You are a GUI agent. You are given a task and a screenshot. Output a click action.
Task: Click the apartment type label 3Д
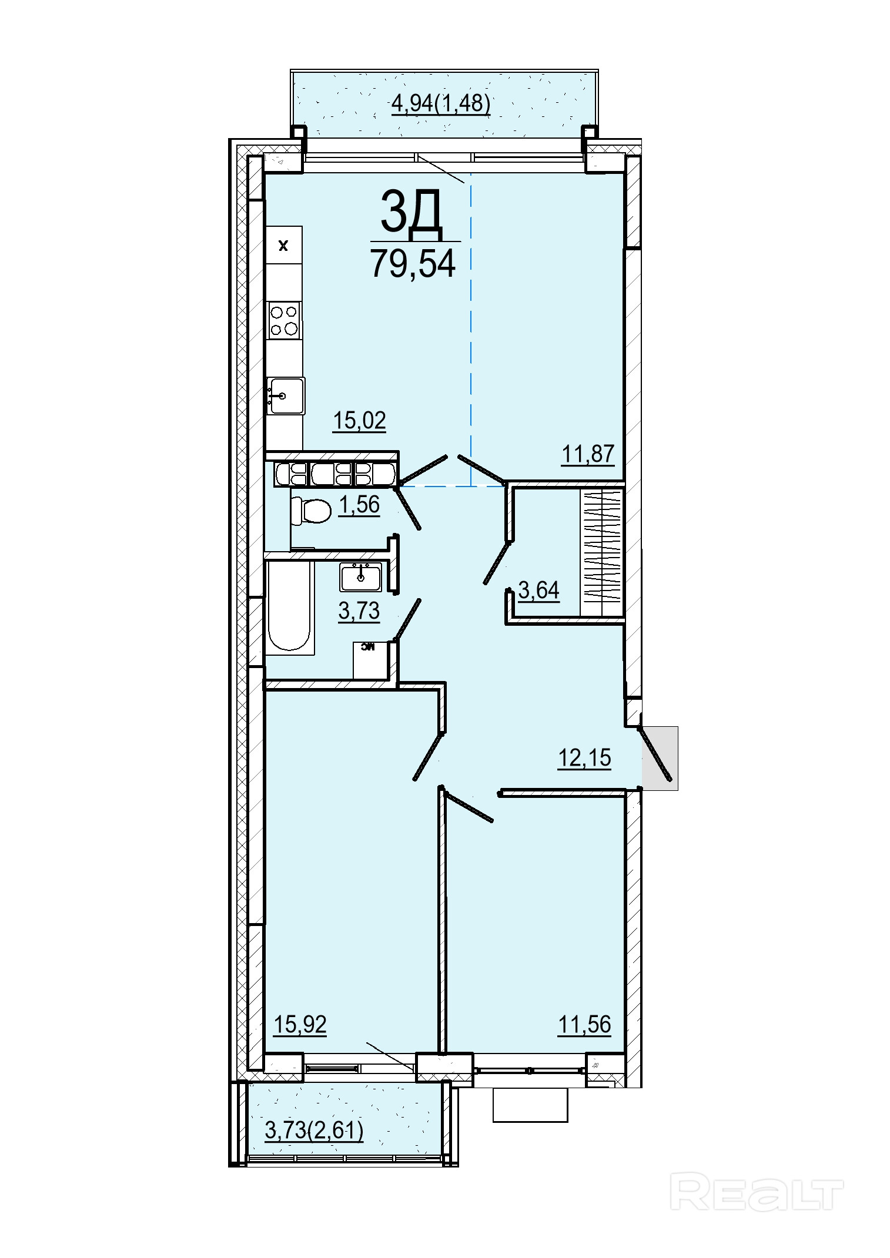411,211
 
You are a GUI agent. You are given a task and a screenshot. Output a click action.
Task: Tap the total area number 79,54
413,263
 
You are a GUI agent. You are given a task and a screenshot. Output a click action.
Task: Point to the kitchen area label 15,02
359,421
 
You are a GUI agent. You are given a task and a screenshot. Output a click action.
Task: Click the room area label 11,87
588,454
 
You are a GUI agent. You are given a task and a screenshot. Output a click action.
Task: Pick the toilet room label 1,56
359,505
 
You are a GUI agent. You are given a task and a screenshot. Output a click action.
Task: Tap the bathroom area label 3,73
359,611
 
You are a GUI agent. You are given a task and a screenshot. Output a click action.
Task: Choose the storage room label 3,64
539,590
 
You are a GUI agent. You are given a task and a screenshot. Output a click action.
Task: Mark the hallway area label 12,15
584,758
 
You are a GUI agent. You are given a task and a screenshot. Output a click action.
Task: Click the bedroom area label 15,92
300,1025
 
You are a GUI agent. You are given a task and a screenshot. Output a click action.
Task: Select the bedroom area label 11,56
584,1025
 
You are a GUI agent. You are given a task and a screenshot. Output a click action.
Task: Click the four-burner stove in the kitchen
284,320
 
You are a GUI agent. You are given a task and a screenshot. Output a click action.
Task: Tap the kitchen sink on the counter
285,395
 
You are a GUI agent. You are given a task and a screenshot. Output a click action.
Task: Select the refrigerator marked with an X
284,245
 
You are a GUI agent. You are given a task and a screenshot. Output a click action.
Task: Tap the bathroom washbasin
360,577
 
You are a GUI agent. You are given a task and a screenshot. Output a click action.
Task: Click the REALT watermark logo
757,1191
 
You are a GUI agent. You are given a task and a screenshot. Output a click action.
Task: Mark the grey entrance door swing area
660,758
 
